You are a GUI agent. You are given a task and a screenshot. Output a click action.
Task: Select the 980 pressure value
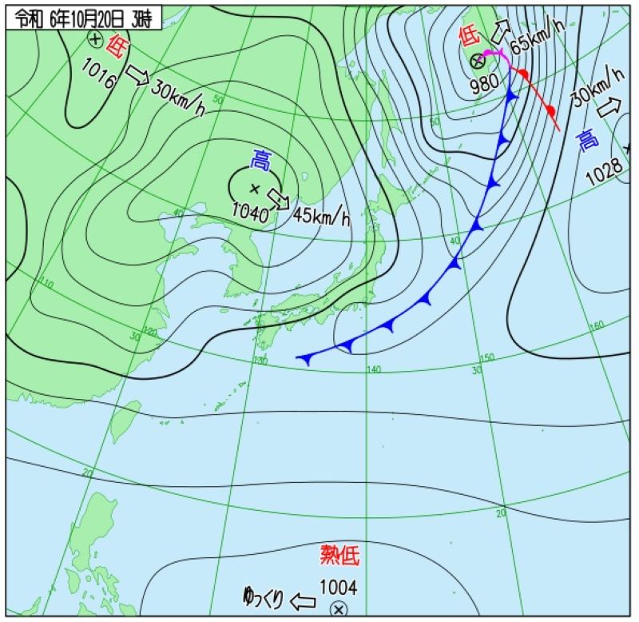[x=484, y=82]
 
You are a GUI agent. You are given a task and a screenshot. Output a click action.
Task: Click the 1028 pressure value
[x=601, y=175]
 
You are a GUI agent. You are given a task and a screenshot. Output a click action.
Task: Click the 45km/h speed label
[x=322, y=215]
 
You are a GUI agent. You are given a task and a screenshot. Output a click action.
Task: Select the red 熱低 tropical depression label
[x=339, y=555]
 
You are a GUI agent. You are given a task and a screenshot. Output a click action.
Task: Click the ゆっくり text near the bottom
[x=263, y=598]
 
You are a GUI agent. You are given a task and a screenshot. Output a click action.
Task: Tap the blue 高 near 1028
[x=587, y=142]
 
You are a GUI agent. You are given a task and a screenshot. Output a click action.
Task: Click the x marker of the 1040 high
[x=255, y=189]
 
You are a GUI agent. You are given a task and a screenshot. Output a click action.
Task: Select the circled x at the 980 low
[x=477, y=60]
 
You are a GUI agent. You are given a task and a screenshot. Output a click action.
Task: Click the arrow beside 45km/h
[x=277, y=197]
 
